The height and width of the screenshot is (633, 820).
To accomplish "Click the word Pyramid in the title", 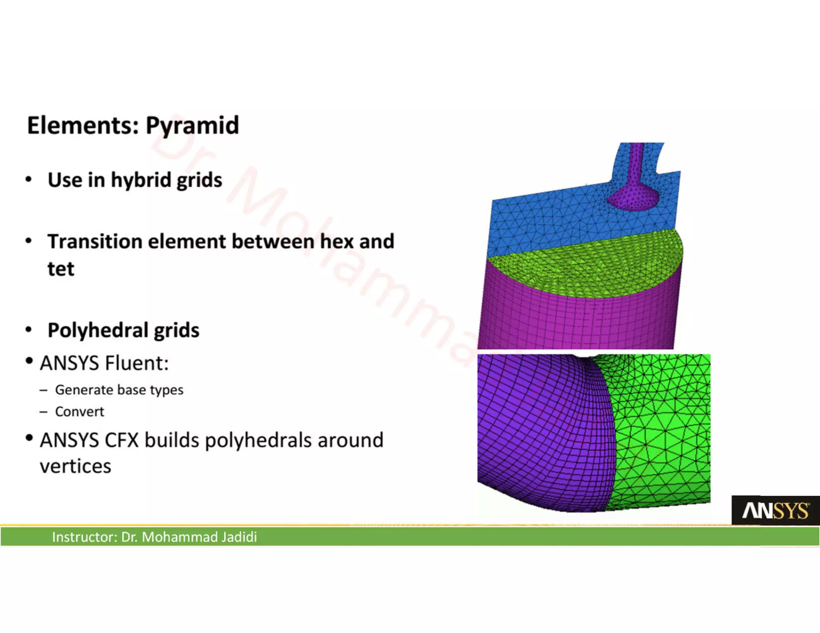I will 192,126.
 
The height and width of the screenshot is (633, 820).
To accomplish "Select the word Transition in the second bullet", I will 94,242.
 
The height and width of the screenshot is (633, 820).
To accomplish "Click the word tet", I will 61,269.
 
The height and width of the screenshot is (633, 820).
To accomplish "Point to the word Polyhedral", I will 98,331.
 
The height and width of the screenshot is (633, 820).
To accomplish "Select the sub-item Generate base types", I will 119,390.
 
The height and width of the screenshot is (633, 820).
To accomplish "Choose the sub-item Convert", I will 79,412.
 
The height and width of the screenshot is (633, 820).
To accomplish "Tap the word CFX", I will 121,441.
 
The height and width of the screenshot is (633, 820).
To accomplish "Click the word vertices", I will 75,467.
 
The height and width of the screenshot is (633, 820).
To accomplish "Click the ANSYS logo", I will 775,511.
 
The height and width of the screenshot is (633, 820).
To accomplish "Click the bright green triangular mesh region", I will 665,432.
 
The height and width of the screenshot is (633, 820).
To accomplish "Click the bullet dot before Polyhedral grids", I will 28,330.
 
